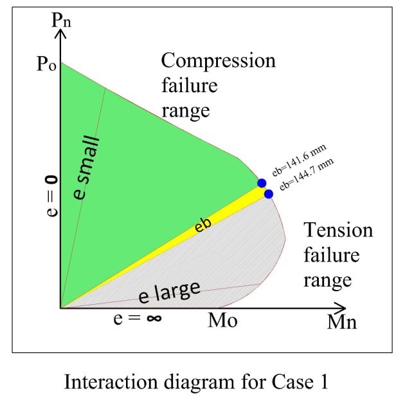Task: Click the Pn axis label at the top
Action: [61, 20]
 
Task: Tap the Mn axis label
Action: [342, 322]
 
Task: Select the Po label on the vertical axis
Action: [46, 64]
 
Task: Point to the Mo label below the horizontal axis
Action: [222, 321]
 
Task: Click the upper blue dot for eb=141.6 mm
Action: [262, 183]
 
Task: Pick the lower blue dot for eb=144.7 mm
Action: [269, 194]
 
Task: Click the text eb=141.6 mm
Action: [299, 160]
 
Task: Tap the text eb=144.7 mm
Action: [307, 174]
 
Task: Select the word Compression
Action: [219, 61]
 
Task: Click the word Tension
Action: [338, 230]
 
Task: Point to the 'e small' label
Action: [86, 168]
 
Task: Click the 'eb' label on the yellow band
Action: [203, 225]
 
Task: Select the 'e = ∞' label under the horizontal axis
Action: [138, 318]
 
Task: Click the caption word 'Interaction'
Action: [111, 382]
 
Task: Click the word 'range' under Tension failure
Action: [327, 280]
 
